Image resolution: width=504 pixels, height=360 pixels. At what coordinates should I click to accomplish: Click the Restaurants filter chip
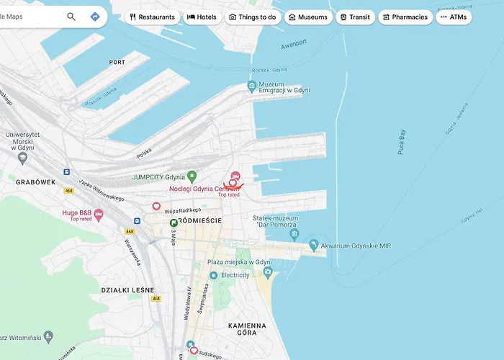click(153, 17)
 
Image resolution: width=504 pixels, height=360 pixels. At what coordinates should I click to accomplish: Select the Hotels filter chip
click(202, 17)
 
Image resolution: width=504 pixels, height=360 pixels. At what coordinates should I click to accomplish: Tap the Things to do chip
click(253, 17)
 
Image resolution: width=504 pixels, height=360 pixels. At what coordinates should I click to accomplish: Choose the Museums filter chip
click(308, 17)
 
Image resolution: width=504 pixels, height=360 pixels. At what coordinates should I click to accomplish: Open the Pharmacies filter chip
click(405, 17)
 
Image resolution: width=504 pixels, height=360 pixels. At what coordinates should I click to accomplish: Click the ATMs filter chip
click(454, 17)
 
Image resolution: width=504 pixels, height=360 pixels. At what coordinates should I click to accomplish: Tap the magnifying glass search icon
click(71, 17)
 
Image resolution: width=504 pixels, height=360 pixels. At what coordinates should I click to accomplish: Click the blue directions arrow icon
click(94, 17)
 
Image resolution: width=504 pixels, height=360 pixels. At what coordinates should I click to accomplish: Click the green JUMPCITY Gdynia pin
click(192, 176)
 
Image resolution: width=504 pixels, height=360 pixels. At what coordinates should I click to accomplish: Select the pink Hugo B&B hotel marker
click(99, 214)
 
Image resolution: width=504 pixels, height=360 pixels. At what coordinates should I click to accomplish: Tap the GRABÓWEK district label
click(35, 183)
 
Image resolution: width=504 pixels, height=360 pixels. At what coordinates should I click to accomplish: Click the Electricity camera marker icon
click(268, 272)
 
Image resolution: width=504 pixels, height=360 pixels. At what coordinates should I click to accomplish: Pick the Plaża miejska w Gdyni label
click(239, 262)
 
